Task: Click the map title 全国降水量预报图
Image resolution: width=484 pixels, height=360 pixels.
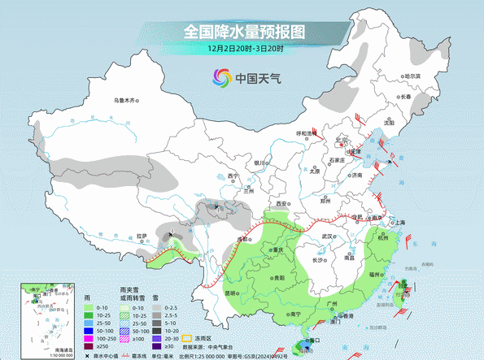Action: coord(242,32)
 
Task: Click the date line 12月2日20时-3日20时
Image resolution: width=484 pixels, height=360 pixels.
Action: coord(242,50)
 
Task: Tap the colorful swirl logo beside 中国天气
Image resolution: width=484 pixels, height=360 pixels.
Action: coord(221,77)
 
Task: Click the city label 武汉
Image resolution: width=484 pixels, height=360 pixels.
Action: coord(329,236)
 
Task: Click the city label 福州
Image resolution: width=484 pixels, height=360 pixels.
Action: coord(375,275)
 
